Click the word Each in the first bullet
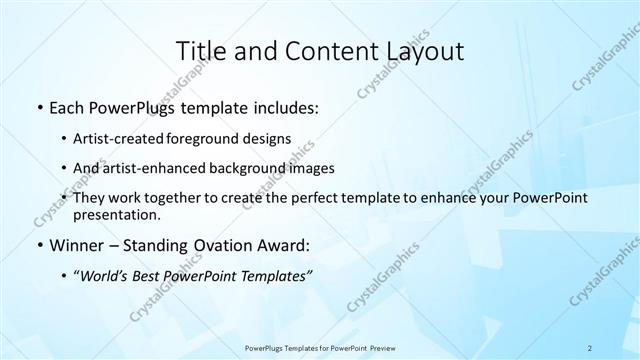[66, 108]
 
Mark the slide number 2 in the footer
[590, 347]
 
